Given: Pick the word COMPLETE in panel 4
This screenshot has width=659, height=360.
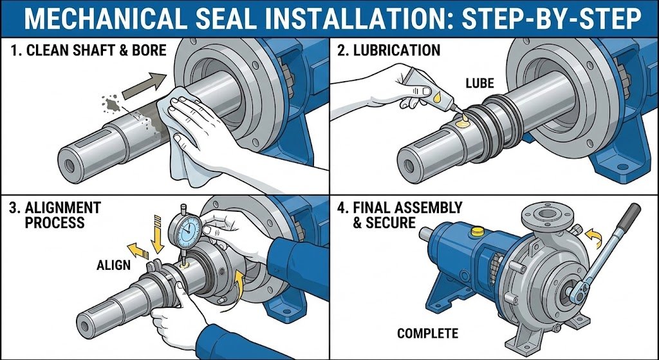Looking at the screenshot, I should tap(427, 333).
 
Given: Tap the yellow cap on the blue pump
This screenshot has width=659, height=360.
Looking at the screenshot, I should tap(478, 230).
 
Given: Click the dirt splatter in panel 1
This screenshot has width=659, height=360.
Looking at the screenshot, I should tap(113, 103).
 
